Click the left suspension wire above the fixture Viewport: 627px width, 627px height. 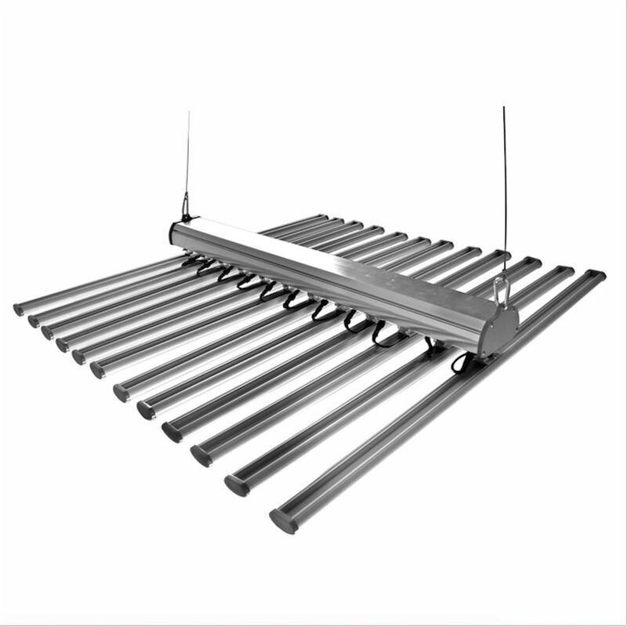pyautogui.click(x=187, y=157)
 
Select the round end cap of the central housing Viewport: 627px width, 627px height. pyautogui.click(x=498, y=329)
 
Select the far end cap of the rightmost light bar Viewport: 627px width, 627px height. pyautogui.click(x=596, y=275)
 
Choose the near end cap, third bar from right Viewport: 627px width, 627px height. pyautogui.click(x=201, y=455)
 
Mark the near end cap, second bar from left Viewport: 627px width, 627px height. pyautogui.click(x=34, y=321)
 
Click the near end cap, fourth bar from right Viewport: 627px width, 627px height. pyautogui.click(x=172, y=431)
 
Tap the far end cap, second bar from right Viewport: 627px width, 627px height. pyautogui.click(x=565, y=270)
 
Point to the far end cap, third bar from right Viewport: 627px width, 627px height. pyautogui.click(x=533, y=262)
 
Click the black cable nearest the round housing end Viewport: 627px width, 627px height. pyautogui.click(x=460, y=362)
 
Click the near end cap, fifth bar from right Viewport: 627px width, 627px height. pyautogui.click(x=146, y=409)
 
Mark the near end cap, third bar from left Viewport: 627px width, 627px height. pyautogui.click(x=48, y=332)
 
